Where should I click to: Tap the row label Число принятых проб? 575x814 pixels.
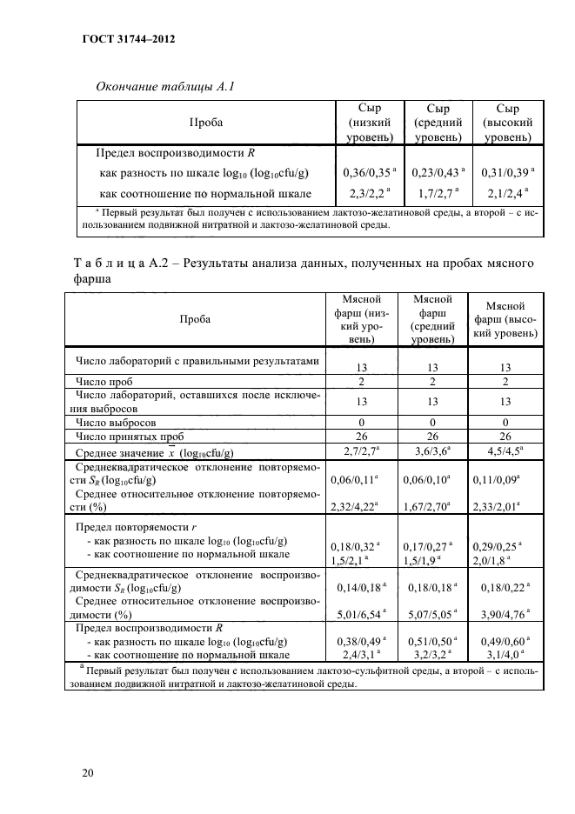130,437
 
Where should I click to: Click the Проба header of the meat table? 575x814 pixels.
195,319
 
